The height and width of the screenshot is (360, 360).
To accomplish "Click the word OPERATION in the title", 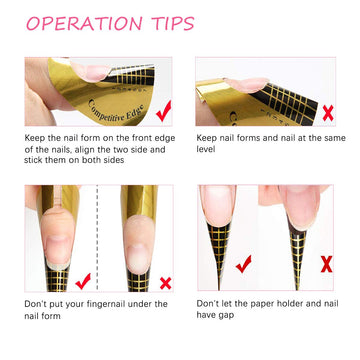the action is click(x=84, y=23).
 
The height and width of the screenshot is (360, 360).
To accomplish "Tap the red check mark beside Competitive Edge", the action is click(x=164, y=111).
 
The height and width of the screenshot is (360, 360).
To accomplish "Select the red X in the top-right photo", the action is click(x=328, y=114).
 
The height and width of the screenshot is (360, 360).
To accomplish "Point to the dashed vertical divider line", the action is click(x=97, y=238).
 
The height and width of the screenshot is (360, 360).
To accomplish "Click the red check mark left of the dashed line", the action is click(x=83, y=281).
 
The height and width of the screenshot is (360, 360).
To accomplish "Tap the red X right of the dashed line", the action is click(x=165, y=283).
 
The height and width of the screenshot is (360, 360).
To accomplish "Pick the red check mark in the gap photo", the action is click(x=244, y=264).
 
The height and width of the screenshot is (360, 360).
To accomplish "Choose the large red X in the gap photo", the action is click(x=327, y=264).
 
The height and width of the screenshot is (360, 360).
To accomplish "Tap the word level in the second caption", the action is click(x=206, y=149).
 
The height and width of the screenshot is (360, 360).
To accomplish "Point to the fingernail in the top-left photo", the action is click(x=89, y=71).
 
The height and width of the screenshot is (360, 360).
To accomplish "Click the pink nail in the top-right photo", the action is click(x=248, y=85).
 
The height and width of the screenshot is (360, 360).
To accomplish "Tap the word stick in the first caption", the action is click(x=33, y=160).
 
